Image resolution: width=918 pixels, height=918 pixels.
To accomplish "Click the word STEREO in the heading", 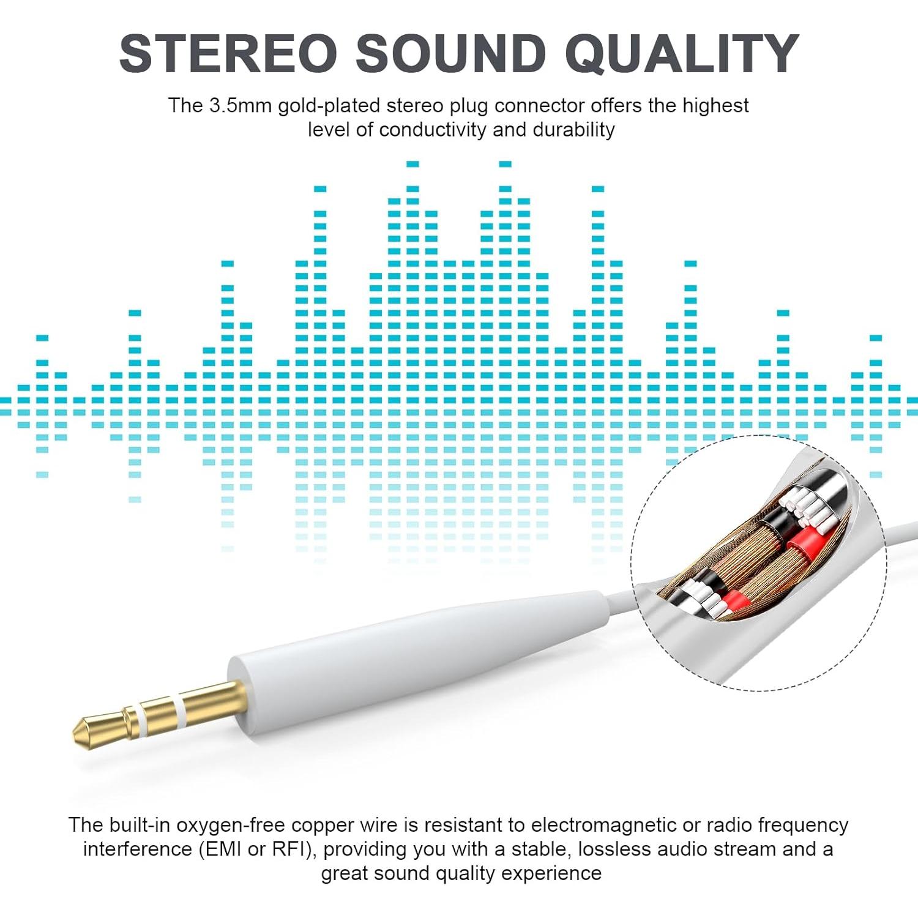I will (x=228, y=54).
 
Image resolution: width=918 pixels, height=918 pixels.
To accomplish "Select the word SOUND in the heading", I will (x=451, y=54).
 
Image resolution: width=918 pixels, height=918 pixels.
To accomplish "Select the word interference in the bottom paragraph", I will (x=137, y=849).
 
